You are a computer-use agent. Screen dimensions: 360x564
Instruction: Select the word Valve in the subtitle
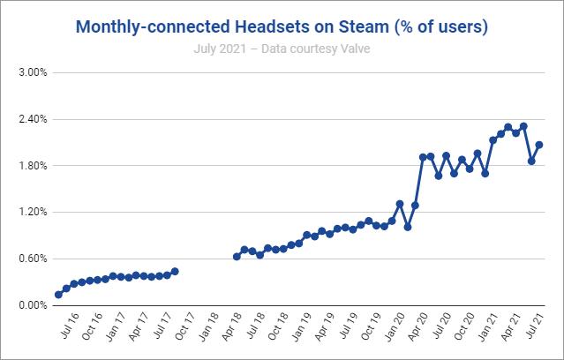352,48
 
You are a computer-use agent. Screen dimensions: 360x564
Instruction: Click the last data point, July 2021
538,145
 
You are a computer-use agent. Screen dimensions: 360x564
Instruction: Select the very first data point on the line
58,295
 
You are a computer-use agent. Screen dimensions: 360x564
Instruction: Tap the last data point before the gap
175,271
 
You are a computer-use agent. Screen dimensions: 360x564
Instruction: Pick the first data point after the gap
237,257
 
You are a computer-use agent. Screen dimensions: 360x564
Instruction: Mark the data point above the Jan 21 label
493,140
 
